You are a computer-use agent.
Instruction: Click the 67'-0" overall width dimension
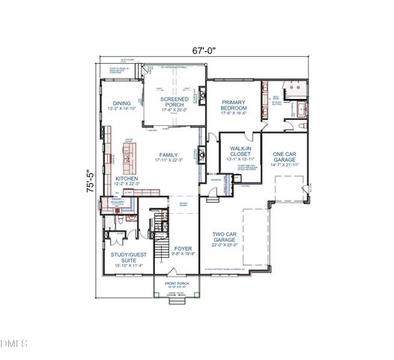203,51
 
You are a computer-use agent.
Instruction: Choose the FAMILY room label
168,154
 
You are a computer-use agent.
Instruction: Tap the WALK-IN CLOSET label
240,151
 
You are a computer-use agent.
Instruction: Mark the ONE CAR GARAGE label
285,155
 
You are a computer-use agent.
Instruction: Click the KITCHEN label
126,178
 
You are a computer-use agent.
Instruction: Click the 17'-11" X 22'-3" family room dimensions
168,160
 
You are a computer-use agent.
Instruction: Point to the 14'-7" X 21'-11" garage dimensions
285,164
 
